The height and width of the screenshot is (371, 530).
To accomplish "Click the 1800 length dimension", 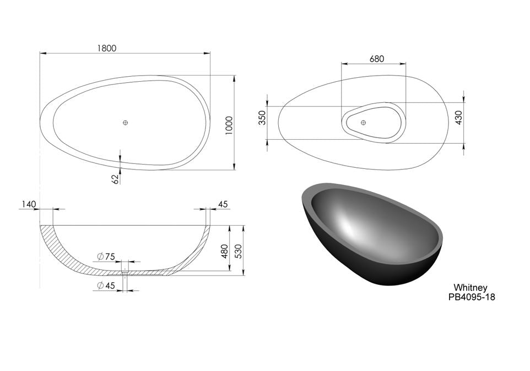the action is tap(106, 48).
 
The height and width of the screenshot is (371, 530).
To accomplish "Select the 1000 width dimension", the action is tap(229, 125).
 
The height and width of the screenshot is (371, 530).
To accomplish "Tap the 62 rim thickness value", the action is tap(116, 179).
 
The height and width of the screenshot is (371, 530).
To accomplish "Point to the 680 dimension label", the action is tap(377, 59).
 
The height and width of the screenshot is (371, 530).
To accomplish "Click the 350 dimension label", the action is tap(263, 118).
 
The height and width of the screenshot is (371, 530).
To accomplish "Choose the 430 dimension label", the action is tap(459, 118).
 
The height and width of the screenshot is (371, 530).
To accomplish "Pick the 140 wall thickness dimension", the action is tap(29, 204).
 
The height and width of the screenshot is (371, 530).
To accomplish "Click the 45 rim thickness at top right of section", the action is tap(223, 204).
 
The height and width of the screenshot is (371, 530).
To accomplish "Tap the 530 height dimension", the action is tap(239, 251).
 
